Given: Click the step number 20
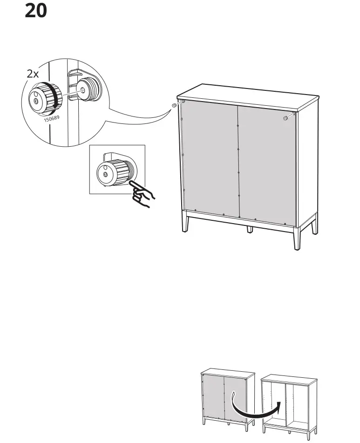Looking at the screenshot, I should [36, 10].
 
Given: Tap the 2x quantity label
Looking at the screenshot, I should [33, 74].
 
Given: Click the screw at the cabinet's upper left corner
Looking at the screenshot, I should [174, 106].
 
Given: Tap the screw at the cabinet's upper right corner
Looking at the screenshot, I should [285, 118].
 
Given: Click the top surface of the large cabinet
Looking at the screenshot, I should [247, 95].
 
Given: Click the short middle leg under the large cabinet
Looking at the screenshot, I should [250, 229].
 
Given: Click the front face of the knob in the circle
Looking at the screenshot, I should [36, 98].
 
